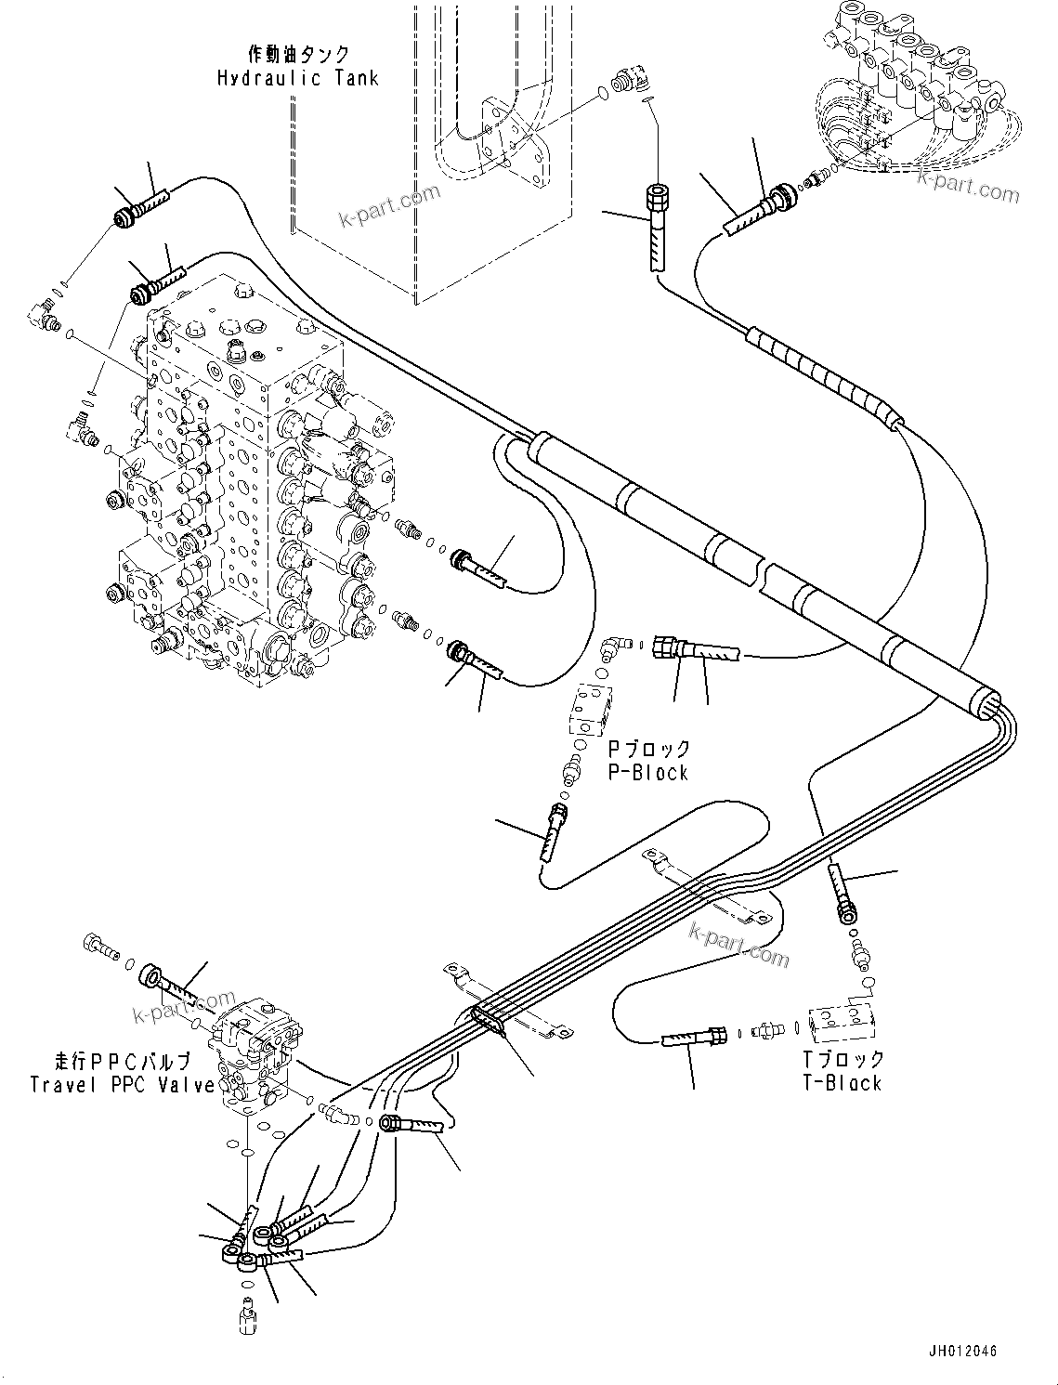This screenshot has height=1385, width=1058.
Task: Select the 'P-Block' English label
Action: (x=648, y=773)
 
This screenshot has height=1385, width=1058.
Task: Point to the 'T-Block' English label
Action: (x=842, y=1082)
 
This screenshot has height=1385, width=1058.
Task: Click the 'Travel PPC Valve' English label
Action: (x=123, y=1084)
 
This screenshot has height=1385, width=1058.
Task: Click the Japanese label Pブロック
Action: (x=649, y=749)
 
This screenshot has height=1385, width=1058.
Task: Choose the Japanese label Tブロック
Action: (x=843, y=1058)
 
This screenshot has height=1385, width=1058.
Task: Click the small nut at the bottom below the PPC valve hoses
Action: (x=248, y=1319)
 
